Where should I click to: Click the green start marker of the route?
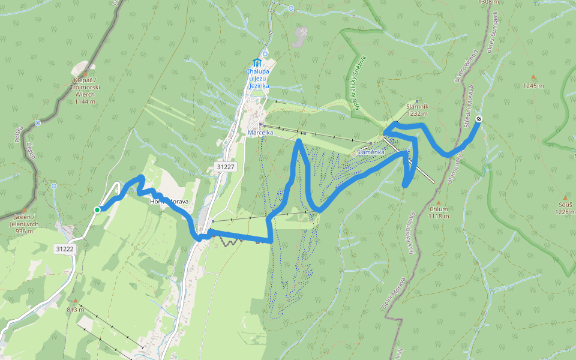(x=97, y=209)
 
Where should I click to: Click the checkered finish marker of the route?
(x=478, y=119)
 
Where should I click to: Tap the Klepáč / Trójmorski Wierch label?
(x=85, y=91)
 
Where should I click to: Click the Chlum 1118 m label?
(x=439, y=212)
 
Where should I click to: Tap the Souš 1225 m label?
(x=565, y=208)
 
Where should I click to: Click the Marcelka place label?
(x=260, y=133)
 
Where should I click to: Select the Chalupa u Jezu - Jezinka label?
(x=257, y=79)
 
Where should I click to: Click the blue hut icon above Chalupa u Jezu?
(x=257, y=62)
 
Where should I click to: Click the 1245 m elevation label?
(x=533, y=86)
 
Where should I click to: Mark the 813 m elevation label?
(x=76, y=310)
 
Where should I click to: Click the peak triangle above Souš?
(x=565, y=196)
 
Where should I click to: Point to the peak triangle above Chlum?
(x=438, y=202)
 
